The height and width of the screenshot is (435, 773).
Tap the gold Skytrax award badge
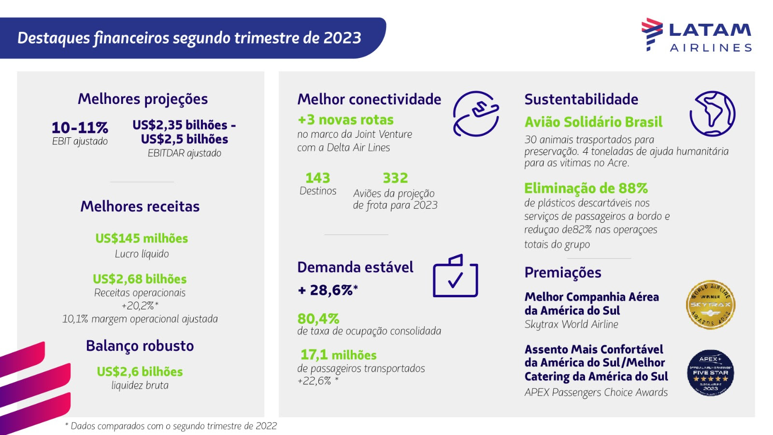pos(710,305)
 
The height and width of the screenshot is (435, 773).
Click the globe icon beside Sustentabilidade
pos(712,114)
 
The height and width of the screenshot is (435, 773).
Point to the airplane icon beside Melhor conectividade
pos(476,114)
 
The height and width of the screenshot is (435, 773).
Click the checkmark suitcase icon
pos(455,276)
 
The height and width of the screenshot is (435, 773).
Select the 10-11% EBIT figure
pos(80,128)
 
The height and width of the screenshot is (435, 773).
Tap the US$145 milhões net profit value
pos(142,238)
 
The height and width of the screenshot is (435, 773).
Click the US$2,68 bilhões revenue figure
pos(140,279)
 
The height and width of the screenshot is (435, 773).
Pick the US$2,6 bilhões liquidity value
pos(140,371)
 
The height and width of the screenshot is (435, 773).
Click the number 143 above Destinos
pos(317,178)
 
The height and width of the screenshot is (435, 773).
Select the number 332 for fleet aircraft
pos(395,178)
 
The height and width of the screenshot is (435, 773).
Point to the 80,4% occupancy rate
pos(318,319)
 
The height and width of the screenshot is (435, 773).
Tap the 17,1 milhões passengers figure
pos(338,355)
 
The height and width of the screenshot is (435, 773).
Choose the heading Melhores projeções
pos(143,99)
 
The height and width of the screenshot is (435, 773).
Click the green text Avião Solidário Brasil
pos(593,122)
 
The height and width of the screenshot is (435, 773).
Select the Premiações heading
pos(563,273)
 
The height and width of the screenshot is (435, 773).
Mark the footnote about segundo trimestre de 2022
pos(171,426)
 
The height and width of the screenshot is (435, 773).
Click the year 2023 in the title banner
pos(342,38)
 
